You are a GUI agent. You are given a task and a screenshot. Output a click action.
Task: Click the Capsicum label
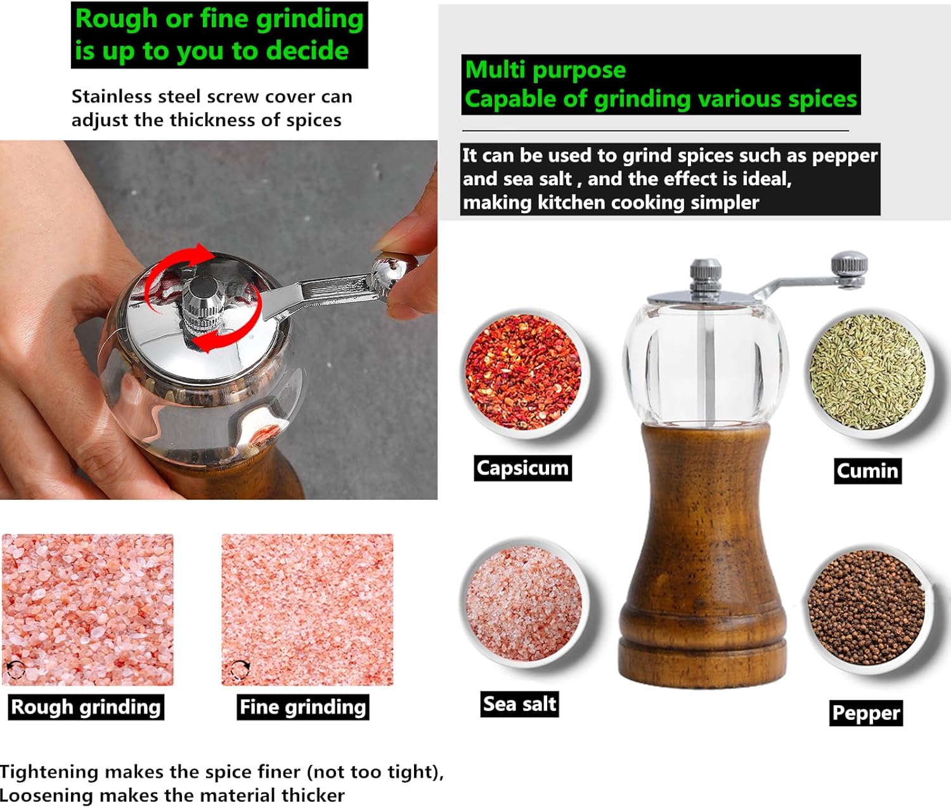522,468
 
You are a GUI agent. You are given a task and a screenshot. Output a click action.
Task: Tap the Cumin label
867,471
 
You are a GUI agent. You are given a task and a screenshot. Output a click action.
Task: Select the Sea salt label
519,703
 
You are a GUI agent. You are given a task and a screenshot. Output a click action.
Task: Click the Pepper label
866,713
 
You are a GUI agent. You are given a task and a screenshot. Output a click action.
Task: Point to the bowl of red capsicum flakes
524,373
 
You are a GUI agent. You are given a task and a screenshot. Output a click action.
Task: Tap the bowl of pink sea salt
524,603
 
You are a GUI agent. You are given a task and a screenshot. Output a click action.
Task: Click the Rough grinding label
86,707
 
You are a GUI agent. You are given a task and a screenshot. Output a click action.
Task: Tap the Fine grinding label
303,707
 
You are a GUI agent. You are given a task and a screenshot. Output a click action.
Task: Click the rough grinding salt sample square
88,609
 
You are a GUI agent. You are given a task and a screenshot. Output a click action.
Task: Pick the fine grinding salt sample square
307,609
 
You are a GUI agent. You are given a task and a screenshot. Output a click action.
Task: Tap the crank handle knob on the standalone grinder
850,269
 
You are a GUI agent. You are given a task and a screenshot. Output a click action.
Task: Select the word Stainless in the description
112,96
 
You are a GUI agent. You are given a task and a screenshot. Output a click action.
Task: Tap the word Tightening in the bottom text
49,772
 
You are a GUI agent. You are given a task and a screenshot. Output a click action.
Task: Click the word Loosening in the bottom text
47,795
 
